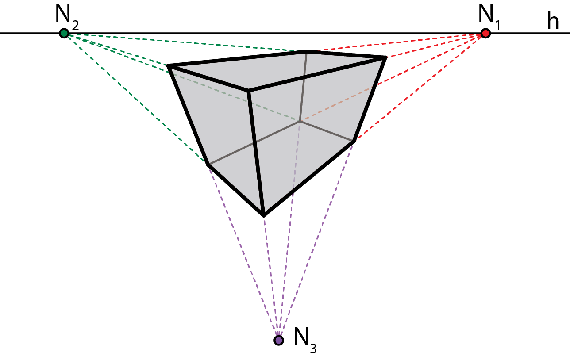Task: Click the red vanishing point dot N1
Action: click(x=485, y=33)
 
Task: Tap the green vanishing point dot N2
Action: click(x=64, y=33)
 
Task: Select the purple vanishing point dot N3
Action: click(x=278, y=340)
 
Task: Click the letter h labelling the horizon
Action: click(x=553, y=22)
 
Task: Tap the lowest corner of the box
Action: click(x=264, y=215)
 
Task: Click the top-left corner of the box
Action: click(x=169, y=67)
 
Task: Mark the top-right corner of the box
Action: click(x=385, y=57)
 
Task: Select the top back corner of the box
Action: click(x=307, y=51)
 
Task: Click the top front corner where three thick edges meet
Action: click(x=249, y=91)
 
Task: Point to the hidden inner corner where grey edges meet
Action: click(x=300, y=120)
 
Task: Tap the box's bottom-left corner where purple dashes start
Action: click(x=208, y=164)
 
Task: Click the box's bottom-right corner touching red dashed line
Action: click(x=354, y=141)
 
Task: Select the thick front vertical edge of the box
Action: click(x=256, y=153)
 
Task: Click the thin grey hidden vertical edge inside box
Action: click(x=304, y=86)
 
